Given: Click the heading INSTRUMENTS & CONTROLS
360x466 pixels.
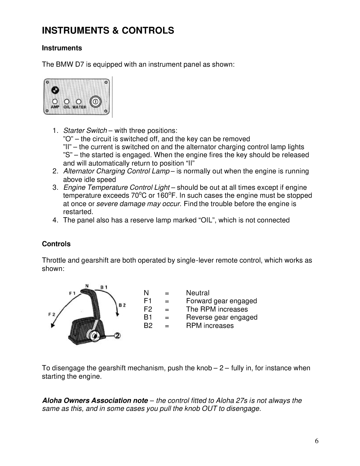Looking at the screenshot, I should coord(108,31).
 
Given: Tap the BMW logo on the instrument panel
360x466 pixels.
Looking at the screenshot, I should coord(55,90).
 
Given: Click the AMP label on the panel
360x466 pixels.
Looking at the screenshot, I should coord(55,107).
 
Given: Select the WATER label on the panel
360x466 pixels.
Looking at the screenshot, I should coord(79,107).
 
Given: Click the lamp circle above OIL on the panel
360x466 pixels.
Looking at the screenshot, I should coord(67,101).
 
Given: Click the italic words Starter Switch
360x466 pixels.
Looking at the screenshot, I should coord(85,131).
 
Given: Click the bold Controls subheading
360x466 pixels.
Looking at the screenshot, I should coord(56,244).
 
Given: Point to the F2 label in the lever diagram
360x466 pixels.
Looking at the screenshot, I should coord(52,314).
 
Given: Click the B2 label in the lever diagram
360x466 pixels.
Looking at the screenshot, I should coord(122,305).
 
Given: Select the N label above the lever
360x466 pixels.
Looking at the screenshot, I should coord(87,285).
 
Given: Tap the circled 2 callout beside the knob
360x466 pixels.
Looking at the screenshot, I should coord(118,336).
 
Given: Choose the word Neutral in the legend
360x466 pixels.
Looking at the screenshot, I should coord(198,293).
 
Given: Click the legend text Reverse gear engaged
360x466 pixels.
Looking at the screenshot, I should coord(222,317).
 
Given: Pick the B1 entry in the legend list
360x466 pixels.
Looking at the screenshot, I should coord(148,317).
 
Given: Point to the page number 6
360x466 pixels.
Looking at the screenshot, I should coord(316,441).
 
